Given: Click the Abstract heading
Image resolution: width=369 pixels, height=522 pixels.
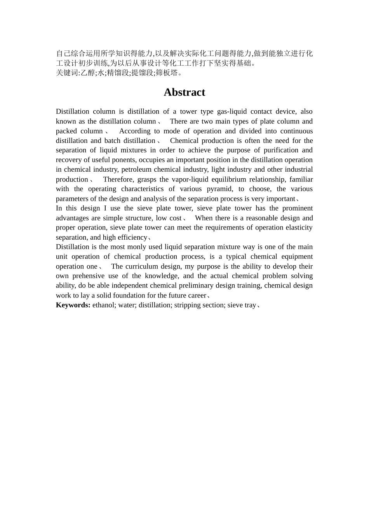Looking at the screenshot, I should (x=184, y=92).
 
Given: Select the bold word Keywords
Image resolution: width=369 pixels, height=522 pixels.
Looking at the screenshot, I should (x=73, y=305).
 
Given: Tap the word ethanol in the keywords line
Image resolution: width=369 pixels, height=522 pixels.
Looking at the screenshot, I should (x=103, y=305).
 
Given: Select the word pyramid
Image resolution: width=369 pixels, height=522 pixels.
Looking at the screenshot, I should (x=219, y=189).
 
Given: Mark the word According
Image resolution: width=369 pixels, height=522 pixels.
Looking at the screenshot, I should (x=134, y=131).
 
